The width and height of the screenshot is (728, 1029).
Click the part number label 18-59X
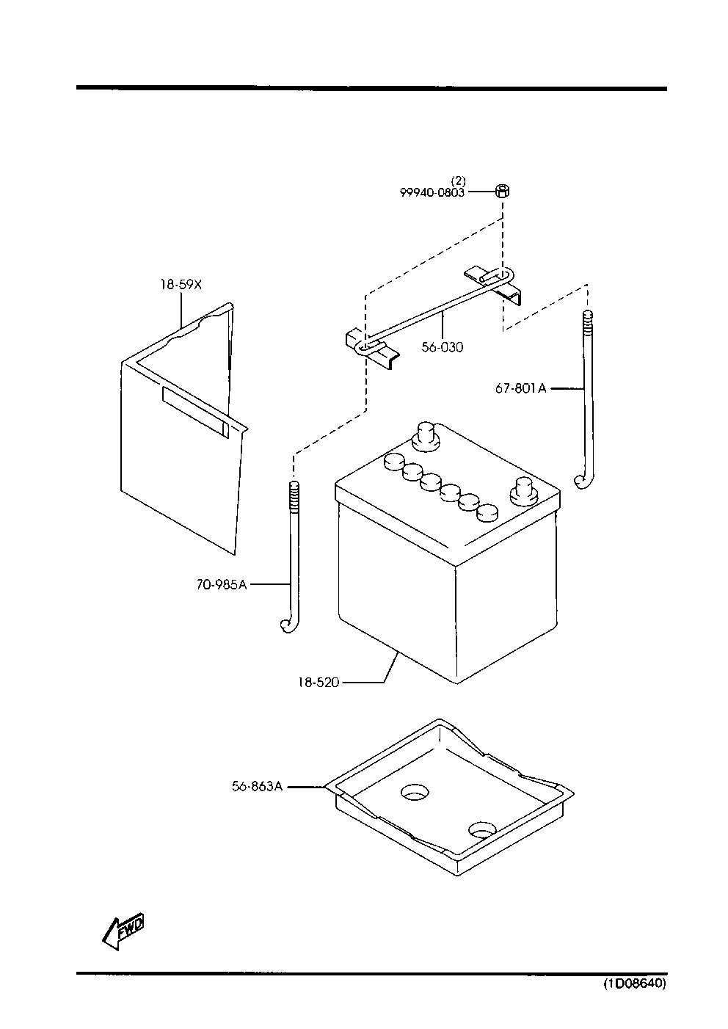tap(181, 285)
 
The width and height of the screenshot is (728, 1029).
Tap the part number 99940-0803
tap(432, 192)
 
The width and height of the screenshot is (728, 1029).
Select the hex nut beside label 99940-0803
tap(503, 191)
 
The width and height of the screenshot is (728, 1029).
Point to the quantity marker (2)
tap(459, 181)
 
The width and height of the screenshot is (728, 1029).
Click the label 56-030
tap(443, 347)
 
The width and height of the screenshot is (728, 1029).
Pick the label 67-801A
tap(521, 389)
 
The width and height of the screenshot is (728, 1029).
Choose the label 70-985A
tap(222, 585)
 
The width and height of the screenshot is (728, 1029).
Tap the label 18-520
tap(318, 683)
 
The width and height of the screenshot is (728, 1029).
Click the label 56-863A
tap(257, 787)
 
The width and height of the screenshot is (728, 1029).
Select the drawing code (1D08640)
tap(634, 983)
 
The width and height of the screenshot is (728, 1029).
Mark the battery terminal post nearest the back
tap(426, 437)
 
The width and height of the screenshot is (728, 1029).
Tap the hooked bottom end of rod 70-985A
tap(288, 625)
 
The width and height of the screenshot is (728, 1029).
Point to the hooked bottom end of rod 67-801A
tap(583, 482)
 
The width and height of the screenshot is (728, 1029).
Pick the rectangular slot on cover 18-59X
tap(196, 412)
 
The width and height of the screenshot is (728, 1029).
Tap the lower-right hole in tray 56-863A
tap(483, 829)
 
